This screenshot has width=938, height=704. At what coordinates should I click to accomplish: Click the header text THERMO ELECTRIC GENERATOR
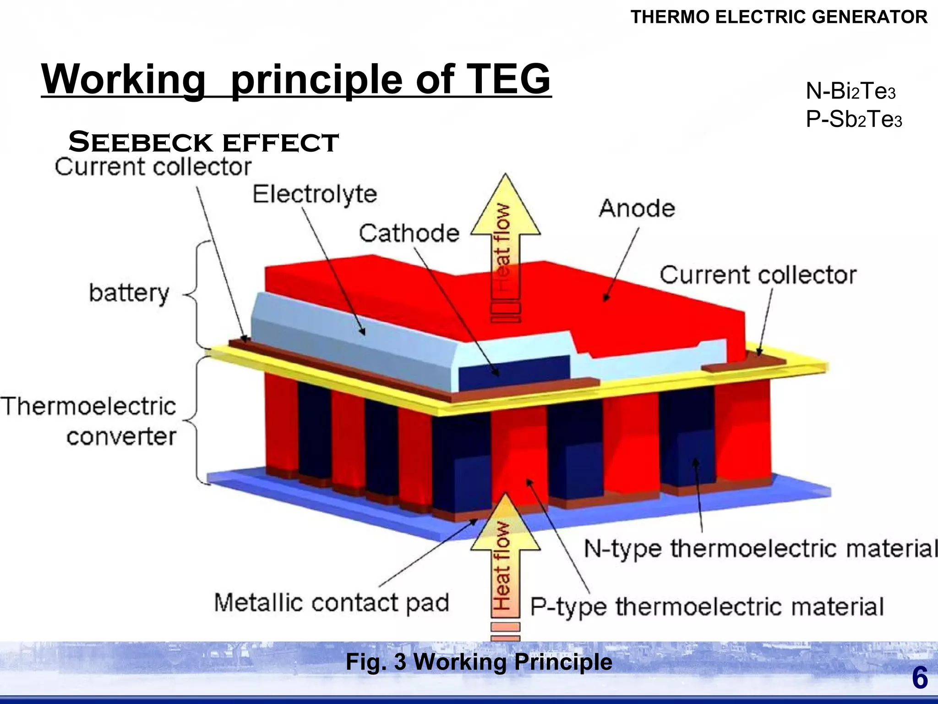(x=779, y=17)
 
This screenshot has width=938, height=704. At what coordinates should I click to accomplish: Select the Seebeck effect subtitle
(x=203, y=142)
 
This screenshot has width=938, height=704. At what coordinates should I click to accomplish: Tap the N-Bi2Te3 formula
(x=850, y=91)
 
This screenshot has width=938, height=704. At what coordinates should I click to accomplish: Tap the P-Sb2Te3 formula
(x=853, y=120)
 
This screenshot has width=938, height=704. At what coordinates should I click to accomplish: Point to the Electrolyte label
(x=315, y=194)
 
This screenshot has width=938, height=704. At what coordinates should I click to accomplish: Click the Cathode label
(x=409, y=233)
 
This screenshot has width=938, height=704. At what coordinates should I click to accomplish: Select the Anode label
(x=637, y=209)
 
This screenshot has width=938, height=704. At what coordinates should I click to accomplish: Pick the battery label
(x=129, y=293)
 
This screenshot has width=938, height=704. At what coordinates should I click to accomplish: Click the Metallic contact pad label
(x=332, y=603)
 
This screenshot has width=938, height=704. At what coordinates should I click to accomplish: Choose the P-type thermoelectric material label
(x=707, y=607)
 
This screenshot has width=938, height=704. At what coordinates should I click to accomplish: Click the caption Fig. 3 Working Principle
(x=479, y=662)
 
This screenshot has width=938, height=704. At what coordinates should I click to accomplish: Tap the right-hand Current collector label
(x=758, y=275)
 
